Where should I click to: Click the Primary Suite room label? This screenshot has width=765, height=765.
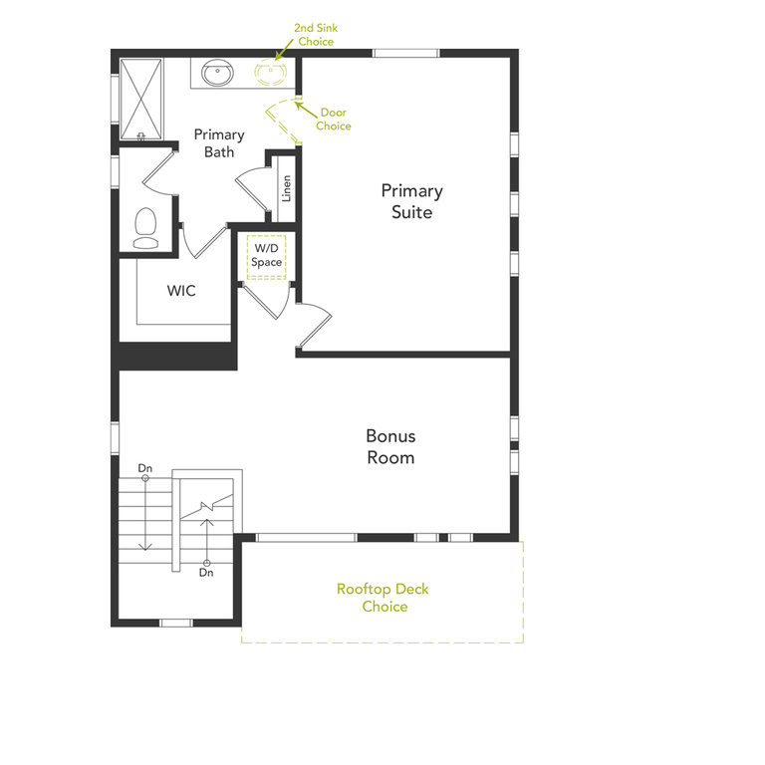pos(411,201)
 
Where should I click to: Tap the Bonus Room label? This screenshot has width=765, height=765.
pos(389,447)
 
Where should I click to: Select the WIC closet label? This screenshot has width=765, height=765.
pos(181,292)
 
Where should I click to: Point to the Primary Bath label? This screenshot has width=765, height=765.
pos(219,143)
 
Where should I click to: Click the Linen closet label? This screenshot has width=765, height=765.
pos(287,188)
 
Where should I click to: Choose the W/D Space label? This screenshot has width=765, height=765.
pos(267,255)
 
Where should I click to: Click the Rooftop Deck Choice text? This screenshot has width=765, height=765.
pos(383,598)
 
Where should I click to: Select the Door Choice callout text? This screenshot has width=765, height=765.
pos(334,120)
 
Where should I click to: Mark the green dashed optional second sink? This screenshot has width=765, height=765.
pos(268,72)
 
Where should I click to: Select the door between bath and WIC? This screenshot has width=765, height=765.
pos(202,240)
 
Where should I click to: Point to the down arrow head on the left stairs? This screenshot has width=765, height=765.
pos(144,546)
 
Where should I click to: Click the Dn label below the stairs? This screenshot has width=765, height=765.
pos(206,573)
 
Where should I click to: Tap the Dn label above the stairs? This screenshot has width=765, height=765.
pos(144,467)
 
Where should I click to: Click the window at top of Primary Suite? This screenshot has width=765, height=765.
pos(405,53)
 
